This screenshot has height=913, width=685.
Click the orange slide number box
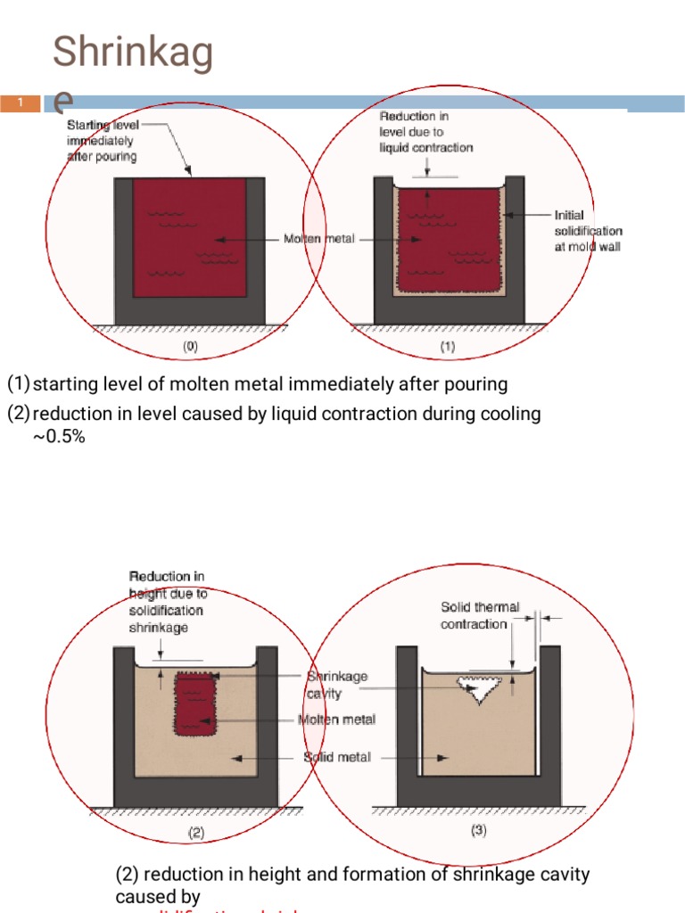(x=20, y=103)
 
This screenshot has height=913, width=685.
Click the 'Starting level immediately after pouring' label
(x=103, y=141)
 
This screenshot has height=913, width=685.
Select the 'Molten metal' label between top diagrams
(x=319, y=239)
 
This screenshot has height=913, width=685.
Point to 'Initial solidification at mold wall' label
(x=588, y=230)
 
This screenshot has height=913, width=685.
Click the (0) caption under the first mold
(x=190, y=347)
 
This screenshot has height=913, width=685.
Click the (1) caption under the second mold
(x=447, y=347)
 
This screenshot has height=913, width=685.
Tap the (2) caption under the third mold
(x=196, y=833)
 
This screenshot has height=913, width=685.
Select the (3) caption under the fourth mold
(x=478, y=830)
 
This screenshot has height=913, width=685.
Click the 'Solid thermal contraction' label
(x=479, y=615)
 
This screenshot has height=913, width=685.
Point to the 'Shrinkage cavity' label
(x=336, y=685)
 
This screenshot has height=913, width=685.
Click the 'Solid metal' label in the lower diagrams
(x=337, y=757)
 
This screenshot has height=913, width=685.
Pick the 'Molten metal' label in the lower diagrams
(x=337, y=720)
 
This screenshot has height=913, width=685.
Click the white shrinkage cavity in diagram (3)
(x=478, y=687)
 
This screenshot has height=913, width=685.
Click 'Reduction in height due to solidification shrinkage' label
(x=167, y=602)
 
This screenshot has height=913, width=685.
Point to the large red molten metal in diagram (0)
(x=189, y=239)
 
